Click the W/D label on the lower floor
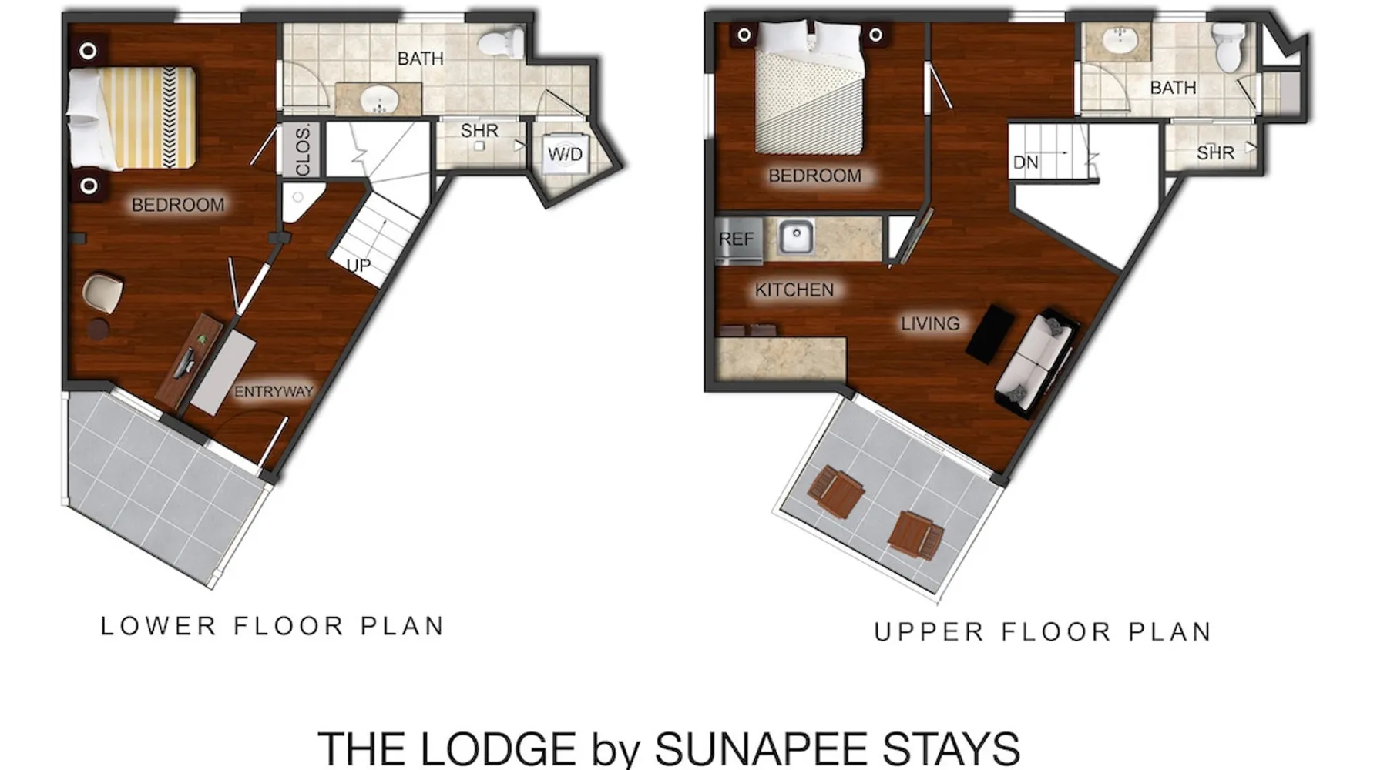click(565, 154)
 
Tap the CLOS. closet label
click(303, 150)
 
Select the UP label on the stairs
click(358, 266)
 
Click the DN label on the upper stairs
click(1026, 162)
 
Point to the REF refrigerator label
click(736, 239)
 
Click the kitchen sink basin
click(796, 236)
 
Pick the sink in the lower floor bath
click(379, 100)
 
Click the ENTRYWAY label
click(274, 392)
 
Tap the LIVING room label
click(930, 323)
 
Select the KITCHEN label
click(794, 290)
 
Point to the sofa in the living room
click(1035, 360)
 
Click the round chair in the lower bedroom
click(102, 293)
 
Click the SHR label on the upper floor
click(1215, 153)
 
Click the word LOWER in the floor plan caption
click(159, 626)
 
